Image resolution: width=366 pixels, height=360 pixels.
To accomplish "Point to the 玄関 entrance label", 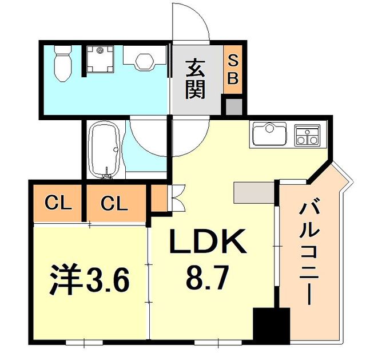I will [195, 80].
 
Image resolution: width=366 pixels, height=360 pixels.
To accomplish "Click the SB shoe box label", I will [233, 69].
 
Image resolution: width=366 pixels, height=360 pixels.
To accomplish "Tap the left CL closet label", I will [58, 203].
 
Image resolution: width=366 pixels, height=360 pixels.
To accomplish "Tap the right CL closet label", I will [113, 203].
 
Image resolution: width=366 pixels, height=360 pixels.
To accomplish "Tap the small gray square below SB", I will [233, 106].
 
